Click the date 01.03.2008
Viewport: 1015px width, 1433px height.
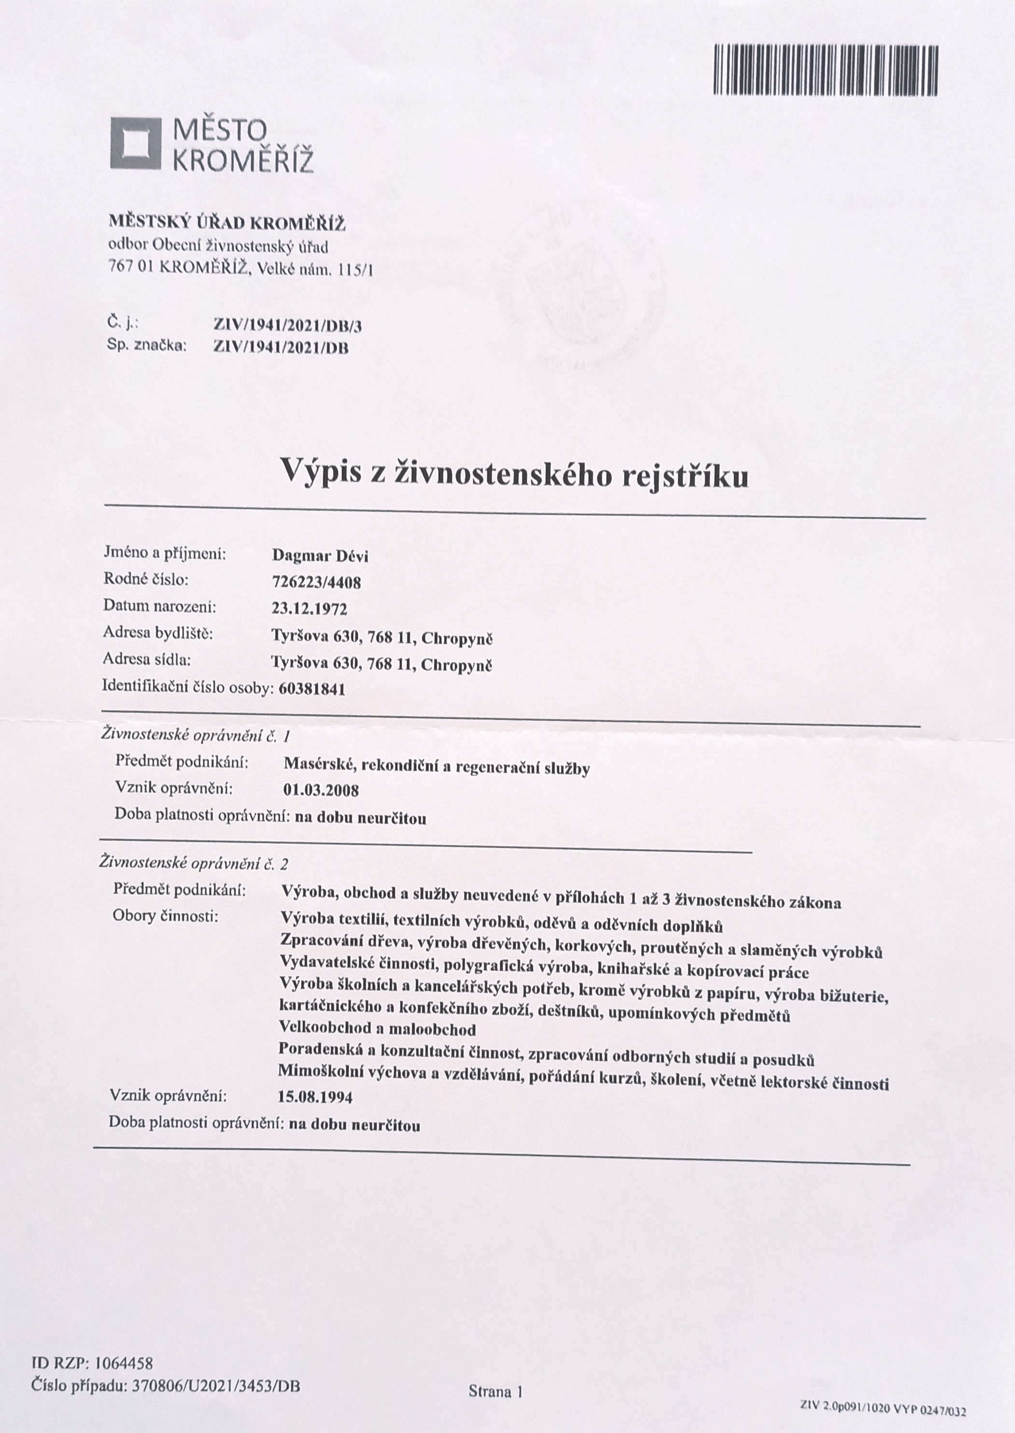pos(320,790)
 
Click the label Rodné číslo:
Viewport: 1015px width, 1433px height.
pos(146,579)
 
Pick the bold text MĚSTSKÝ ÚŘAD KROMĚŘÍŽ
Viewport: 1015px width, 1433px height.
pos(227,223)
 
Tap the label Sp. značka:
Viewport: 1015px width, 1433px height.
pos(147,345)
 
